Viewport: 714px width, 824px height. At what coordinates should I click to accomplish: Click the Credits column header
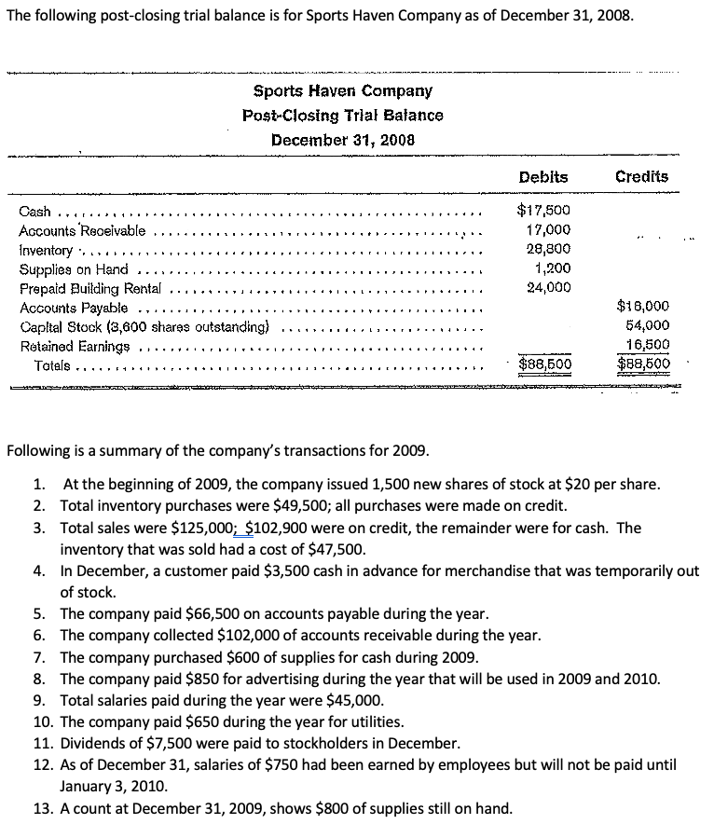point(642,176)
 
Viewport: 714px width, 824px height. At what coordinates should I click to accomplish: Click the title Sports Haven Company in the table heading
point(342,91)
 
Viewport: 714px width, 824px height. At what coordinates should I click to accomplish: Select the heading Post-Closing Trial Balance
point(342,116)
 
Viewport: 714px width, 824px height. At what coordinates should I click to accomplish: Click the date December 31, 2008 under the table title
point(342,140)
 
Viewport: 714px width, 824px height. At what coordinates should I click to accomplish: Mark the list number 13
point(41,807)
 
